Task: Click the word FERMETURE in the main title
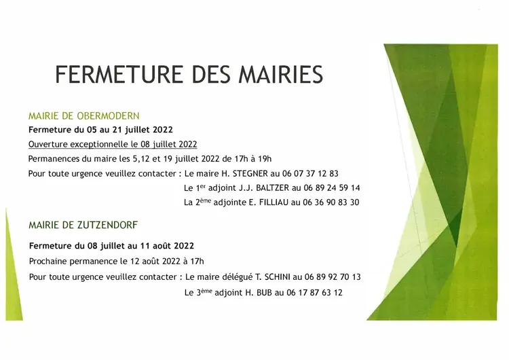pos(119,75)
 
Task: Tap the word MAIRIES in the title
pos(281,75)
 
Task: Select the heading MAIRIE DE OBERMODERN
pos(83,116)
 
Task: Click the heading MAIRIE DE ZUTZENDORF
pos(83,225)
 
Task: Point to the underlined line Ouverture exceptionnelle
pos(113,144)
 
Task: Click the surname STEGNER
pos(250,173)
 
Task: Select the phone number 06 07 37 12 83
pos(310,173)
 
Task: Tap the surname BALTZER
pos(272,187)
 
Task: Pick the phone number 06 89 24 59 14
pos(332,187)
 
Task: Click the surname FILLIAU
pos(274,202)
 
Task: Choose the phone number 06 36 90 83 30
pos(331,202)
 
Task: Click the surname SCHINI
pos(278,277)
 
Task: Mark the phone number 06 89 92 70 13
pos(333,277)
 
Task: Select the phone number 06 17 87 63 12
pos(314,293)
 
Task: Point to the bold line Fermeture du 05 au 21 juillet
pos(100,130)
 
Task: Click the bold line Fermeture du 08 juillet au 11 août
pos(111,246)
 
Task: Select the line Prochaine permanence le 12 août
pos(117,262)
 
